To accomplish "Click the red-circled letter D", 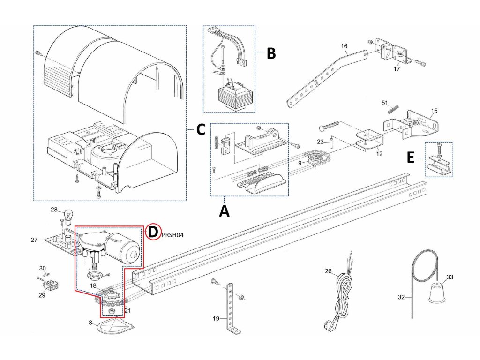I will pos(152,232).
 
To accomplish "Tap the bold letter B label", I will pos(271,53).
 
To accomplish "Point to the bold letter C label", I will pos(201,130).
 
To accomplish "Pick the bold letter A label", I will pos(225,211).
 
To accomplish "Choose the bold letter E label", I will pos(411,158).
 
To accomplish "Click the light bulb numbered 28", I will pos(68,217).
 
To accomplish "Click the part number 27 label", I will pos(34,240).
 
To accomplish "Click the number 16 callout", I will pos(344,46).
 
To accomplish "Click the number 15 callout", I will pos(434,111).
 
